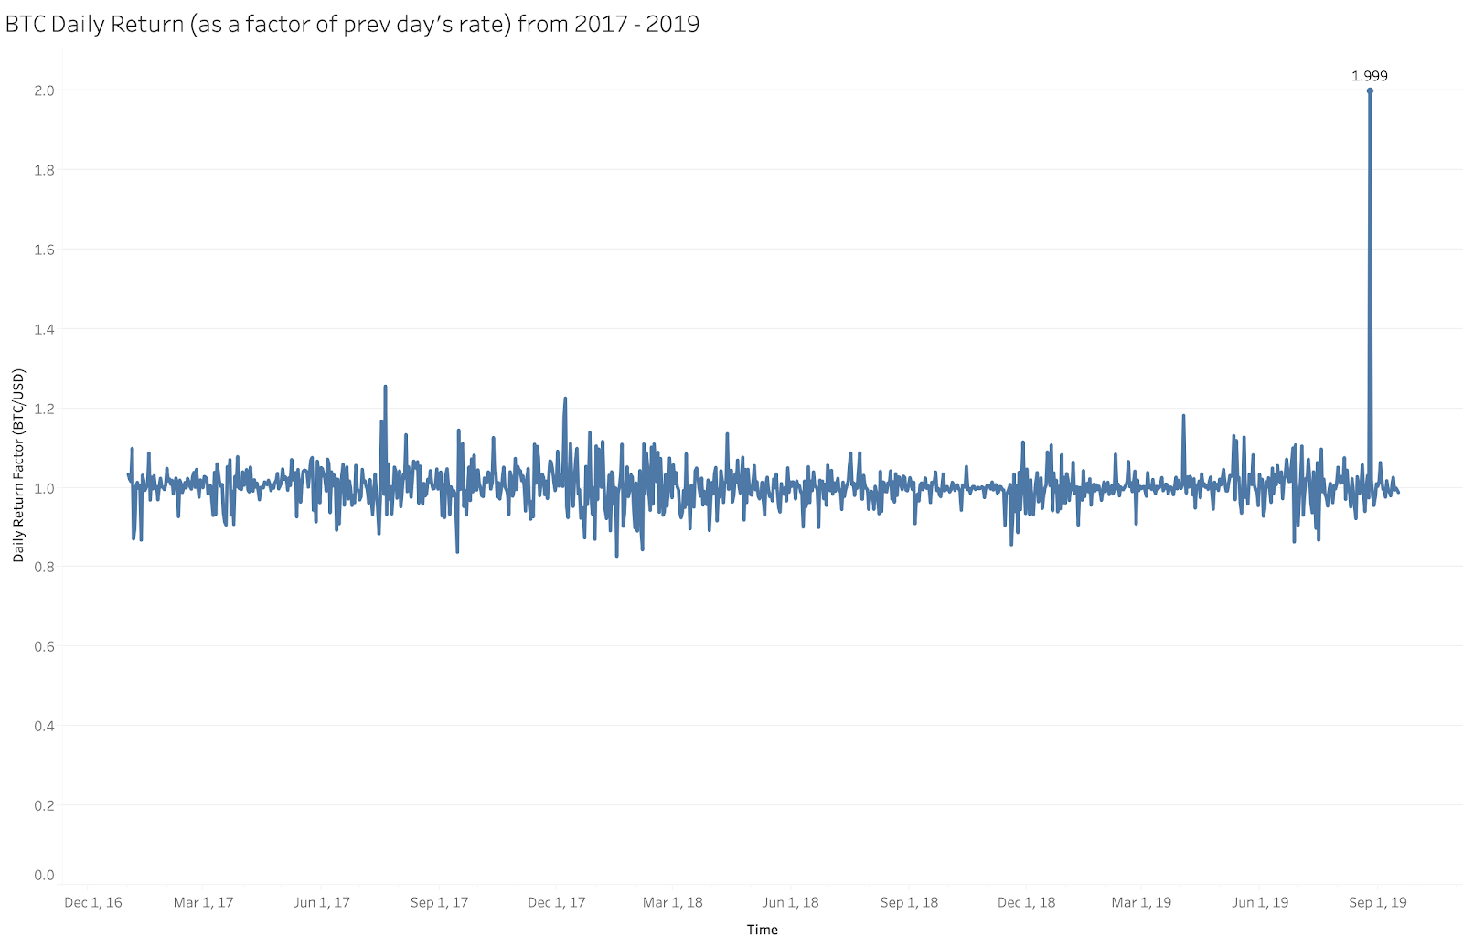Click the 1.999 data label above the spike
[x=1369, y=76]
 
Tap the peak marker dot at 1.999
[x=1370, y=90]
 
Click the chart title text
[x=352, y=24]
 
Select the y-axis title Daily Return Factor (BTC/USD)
[x=18, y=465]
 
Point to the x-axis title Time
[x=762, y=930]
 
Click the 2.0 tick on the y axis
[x=44, y=90]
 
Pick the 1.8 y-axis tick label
[x=44, y=170]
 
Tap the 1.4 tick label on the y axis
[x=44, y=329]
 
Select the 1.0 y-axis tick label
[x=44, y=488]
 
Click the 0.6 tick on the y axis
[x=44, y=646]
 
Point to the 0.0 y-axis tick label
[x=44, y=875]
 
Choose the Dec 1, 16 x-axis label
[x=92, y=902]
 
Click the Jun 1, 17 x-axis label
[x=321, y=902]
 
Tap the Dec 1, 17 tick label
[x=556, y=902]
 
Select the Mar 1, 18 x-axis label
[x=672, y=902]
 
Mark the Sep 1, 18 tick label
[x=909, y=902]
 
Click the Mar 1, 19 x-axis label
[x=1141, y=902]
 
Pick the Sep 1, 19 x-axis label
[x=1377, y=902]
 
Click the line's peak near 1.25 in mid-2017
[x=385, y=387]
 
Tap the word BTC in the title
[x=26, y=24]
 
